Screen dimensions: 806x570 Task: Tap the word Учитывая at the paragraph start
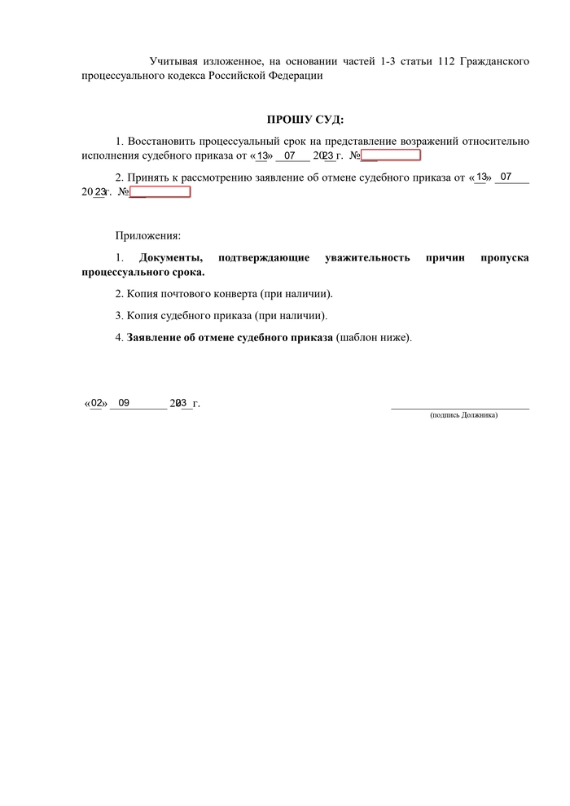coord(173,62)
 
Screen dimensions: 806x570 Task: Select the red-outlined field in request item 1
coord(391,155)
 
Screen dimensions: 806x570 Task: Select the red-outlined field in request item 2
coord(160,191)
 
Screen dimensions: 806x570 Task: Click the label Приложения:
coord(147,236)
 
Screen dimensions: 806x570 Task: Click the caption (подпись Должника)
coord(463,415)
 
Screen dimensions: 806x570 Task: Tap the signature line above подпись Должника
coord(460,406)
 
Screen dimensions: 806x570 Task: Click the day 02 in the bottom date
coord(96,402)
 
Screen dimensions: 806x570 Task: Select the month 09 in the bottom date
coord(124,402)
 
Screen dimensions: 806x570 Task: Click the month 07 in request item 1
coord(289,155)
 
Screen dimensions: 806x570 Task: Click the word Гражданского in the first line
coord(496,62)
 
